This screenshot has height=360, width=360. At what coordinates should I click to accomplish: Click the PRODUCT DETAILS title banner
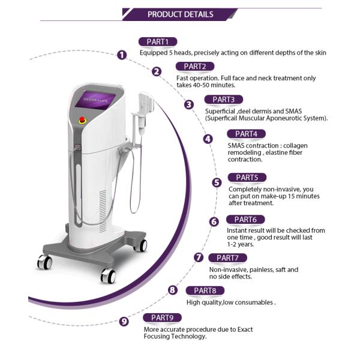coord(180,14)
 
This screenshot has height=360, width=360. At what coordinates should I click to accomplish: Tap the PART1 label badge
coord(158,42)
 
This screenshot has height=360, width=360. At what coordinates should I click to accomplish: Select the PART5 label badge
coord(247,178)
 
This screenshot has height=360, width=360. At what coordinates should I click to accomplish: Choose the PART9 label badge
coord(162,318)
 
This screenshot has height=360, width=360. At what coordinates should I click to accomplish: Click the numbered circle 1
coord(122,55)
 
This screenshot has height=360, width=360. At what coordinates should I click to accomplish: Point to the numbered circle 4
coord(208,139)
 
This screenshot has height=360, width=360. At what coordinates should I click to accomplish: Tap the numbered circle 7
coord(199,257)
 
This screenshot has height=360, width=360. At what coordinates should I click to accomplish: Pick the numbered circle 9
coord(124,321)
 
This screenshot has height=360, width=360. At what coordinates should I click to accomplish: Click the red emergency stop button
coord(82,120)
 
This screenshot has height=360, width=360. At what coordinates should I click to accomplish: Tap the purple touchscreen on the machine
coord(95,100)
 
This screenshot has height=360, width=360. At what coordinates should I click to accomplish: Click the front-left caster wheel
coord(44,262)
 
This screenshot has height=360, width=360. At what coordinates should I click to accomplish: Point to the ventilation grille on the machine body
coord(103,211)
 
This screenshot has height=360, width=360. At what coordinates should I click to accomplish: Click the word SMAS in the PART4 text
coord(236,146)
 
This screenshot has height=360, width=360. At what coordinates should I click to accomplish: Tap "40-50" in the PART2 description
coord(201,85)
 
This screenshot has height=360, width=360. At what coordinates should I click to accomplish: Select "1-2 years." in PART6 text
coord(241,244)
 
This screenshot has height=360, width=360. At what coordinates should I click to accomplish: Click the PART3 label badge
coord(224,100)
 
